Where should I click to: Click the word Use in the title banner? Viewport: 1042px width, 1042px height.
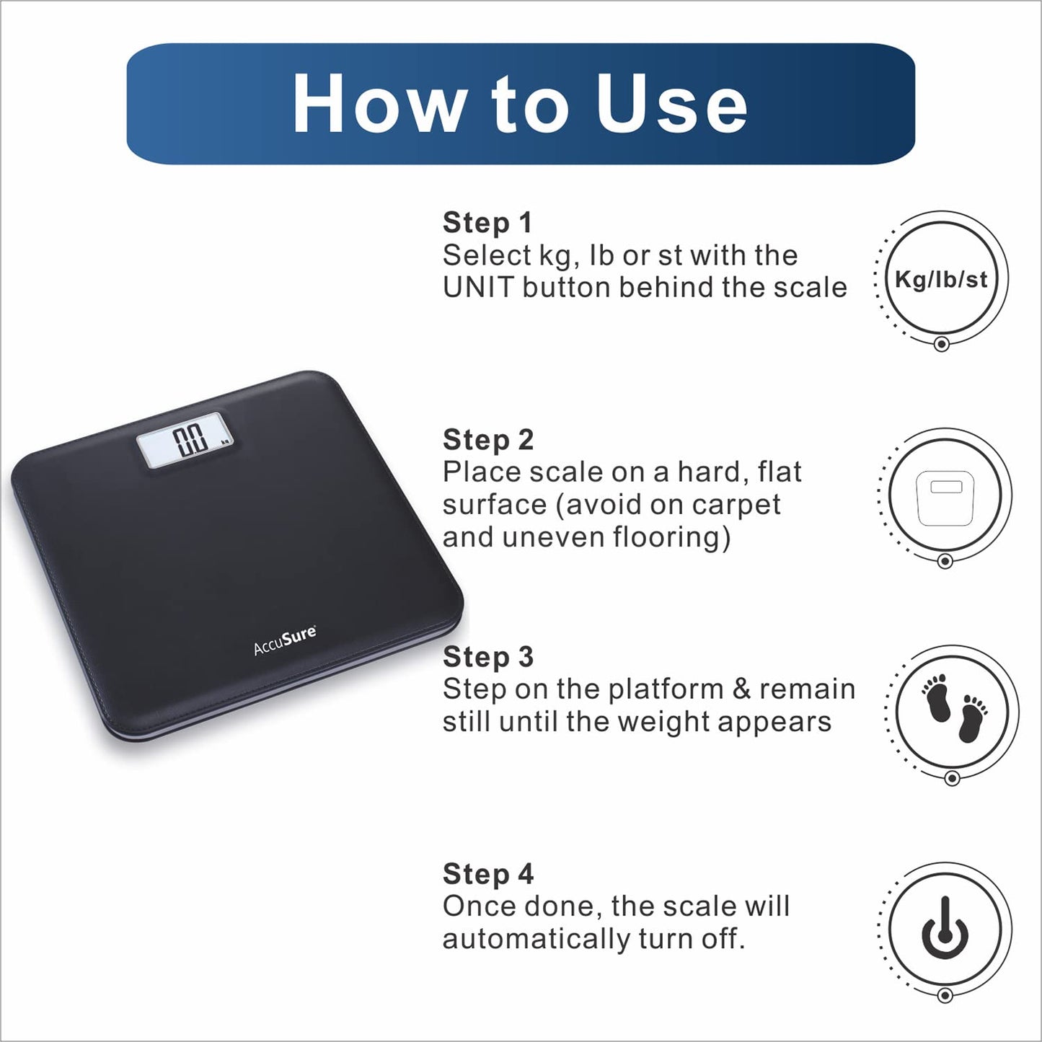pos(671,102)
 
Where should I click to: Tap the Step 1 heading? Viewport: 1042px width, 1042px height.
pos(487,223)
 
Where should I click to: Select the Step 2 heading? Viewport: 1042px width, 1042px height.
pos(488,440)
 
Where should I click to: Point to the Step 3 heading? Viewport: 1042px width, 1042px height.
pos(488,657)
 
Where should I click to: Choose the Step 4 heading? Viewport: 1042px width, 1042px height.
pos(488,874)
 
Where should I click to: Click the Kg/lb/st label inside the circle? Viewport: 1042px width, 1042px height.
pos(942,280)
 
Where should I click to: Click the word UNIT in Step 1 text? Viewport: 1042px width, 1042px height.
pos(478,287)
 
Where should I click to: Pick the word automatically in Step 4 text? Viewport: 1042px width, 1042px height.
pos(537,940)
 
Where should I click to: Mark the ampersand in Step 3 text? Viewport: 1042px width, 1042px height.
pos(742,689)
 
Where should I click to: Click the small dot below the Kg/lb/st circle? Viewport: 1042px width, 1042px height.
pos(942,343)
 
